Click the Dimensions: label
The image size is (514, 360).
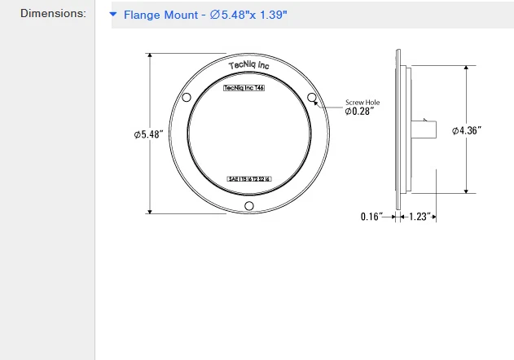[53, 14]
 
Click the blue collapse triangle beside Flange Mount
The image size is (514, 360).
[114, 15]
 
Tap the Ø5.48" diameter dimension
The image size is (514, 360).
[150, 134]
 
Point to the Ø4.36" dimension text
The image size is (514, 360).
[468, 130]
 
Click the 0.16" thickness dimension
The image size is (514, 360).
[371, 217]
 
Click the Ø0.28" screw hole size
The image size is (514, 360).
[359, 111]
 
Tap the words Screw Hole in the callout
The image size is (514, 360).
[362, 102]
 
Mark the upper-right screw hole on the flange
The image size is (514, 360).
[311, 98]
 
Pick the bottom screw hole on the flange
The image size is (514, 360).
[249, 205]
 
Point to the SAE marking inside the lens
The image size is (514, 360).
[248, 178]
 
